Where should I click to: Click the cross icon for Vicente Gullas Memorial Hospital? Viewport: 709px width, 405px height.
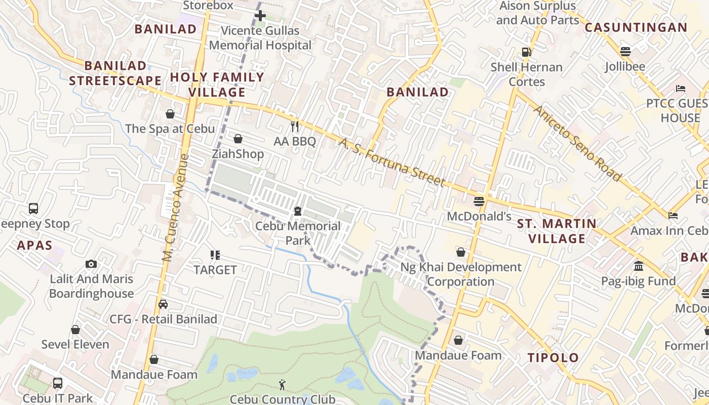260,16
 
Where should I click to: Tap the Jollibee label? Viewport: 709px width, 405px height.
625,66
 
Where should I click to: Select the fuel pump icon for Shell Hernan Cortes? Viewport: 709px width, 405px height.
527,52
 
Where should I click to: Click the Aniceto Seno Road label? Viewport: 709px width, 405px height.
577,143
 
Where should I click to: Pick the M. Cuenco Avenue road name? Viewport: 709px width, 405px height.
176,208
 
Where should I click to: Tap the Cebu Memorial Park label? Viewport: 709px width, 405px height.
298,233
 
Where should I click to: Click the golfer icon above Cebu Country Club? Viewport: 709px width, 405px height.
282,385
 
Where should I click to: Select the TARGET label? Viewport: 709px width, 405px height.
215,270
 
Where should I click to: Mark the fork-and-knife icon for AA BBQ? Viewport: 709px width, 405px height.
295,126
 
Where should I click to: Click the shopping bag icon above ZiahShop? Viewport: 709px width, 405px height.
238,139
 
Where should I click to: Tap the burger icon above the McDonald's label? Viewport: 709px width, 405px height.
479,201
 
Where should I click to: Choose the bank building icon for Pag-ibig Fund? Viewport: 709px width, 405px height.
638,266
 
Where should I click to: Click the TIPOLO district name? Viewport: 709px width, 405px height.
553,358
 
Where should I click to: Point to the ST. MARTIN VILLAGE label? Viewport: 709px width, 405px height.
557,231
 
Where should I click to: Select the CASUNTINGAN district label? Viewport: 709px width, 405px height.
636,28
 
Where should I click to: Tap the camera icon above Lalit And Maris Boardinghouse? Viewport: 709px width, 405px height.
91,264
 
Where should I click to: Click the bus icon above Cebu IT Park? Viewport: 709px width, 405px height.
58,383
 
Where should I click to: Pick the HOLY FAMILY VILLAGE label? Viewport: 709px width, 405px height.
217,85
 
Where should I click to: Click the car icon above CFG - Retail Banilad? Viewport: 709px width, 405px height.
163,304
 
